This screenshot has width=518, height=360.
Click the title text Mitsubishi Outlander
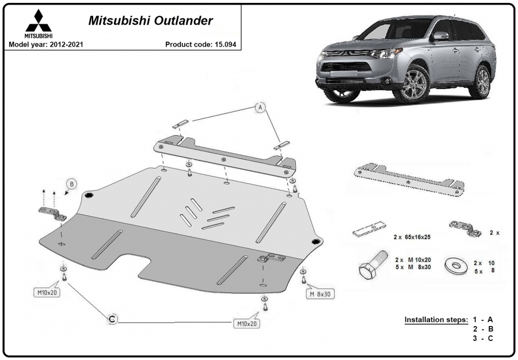[151, 21]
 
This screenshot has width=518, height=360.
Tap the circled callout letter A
[260, 108]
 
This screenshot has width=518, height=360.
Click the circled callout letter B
[72, 185]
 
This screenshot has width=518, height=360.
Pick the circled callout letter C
[113, 319]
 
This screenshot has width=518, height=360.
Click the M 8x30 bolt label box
[320, 294]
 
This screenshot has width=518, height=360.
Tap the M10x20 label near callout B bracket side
[47, 292]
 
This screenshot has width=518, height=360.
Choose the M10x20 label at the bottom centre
[247, 324]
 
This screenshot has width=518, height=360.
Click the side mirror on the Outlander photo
[440, 36]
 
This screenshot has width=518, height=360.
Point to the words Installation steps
[436, 319]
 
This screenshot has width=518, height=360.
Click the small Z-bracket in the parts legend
[465, 228]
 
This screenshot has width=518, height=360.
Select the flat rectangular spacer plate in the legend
[370, 229]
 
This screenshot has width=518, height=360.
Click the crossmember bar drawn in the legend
[409, 180]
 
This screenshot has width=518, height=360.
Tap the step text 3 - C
[483, 338]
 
